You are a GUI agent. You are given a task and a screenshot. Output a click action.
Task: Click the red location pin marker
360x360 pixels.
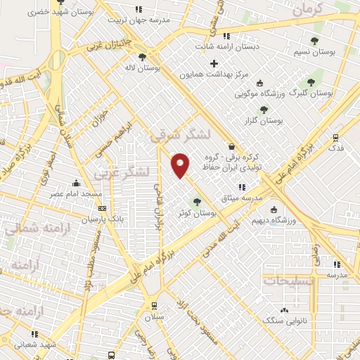point(181,166)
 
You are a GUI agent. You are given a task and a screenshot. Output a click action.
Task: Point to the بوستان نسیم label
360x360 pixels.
point(314,53)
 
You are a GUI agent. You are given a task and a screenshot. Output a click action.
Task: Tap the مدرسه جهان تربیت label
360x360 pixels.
point(139,20)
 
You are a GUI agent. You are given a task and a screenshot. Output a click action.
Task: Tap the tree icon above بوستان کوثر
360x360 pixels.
point(197,202)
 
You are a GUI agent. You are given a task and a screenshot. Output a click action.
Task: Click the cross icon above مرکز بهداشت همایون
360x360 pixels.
point(214,63)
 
